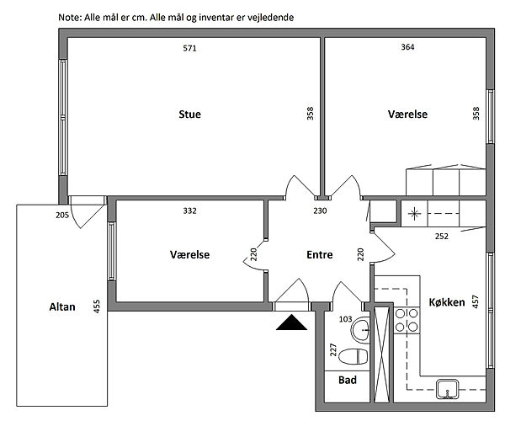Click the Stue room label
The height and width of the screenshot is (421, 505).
click(189, 114)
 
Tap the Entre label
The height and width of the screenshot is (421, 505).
click(319, 254)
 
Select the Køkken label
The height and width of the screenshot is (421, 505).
click(446, 301)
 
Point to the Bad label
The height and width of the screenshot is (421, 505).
click(348, 380)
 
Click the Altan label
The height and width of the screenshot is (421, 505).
click(62, 307)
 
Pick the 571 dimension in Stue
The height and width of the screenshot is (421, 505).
click(189, 48)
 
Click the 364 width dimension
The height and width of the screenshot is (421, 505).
click(407, 48)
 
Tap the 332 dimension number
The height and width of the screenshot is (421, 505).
click(189, 210)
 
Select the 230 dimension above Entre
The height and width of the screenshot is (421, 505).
click(320, 210)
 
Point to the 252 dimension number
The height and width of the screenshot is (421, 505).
click(442, 237)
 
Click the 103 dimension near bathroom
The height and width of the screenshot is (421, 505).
click(344, 319)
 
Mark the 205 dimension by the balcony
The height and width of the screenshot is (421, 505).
click(61, 216)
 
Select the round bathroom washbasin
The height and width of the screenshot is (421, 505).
click(361, 329)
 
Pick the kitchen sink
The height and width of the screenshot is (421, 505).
click(446, 388)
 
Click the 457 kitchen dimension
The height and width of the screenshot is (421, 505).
click(476, 301)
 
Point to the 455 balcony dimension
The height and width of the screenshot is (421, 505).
click(97, 306)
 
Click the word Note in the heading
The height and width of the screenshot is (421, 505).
click(70, 17)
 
